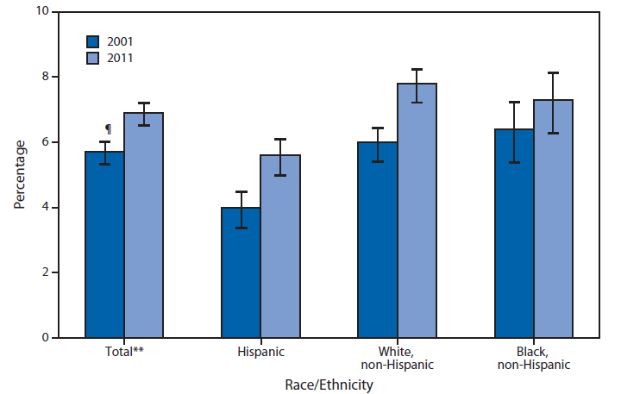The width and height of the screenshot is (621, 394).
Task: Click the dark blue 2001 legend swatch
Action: (x=92, y=41)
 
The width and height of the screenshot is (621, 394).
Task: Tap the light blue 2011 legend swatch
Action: (x=92, y=58)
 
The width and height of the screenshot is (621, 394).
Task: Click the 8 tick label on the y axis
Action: (x=44, y=78)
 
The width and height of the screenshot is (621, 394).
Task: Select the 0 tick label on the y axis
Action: (x=44, y=338)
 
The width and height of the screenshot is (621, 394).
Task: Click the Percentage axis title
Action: (x=19, y=175)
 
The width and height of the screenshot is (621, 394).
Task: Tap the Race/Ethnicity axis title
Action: (x=330, y=385)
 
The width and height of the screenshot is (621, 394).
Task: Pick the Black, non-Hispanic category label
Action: (x=534, y=359)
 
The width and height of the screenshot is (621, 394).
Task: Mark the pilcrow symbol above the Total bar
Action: (x=108, y=128)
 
